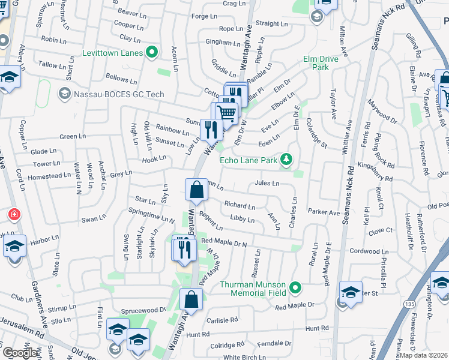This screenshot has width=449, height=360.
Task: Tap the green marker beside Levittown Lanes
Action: click(x=152, y=53)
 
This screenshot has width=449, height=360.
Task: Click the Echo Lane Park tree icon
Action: click(x=288, y=159)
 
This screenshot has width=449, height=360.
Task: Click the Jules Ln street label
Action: click(x=267, y=183)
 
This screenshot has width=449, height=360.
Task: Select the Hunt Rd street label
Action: click(x=317, y=328)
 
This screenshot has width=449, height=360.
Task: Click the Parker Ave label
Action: click(x=324, y=212)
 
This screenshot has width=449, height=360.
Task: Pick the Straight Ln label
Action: click(x=271, y=24)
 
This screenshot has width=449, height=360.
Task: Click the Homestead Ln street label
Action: click(x=53, y=176)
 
